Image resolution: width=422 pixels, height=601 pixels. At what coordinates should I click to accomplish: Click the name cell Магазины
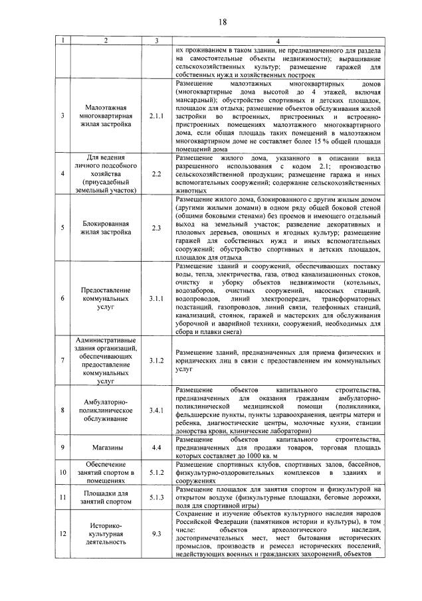pyautogui.click(x=106, y=448)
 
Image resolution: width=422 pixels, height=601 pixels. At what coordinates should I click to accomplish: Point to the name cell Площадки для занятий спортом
pyautogui.click(x=106, y=497)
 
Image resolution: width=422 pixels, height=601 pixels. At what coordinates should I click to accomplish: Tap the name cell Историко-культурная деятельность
pyautogui.click(x=106, y=531)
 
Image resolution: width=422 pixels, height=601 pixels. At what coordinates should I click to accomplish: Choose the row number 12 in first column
pyautogui.click(x=62, y=532)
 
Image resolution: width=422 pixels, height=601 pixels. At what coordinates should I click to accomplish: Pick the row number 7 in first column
pyautogui.click(x=62, y=360)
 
